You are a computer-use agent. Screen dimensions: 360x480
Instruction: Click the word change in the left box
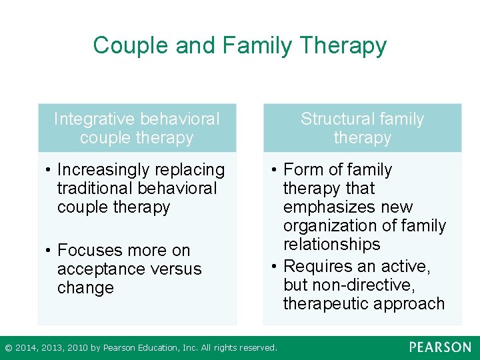click(x=85, y=288)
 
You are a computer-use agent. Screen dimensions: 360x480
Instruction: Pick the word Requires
click(x=317, y=267)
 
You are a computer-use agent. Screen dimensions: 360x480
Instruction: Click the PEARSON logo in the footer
click(x=440, y=347)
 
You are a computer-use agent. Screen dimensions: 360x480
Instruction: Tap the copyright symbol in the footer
click(x=8, y=347)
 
